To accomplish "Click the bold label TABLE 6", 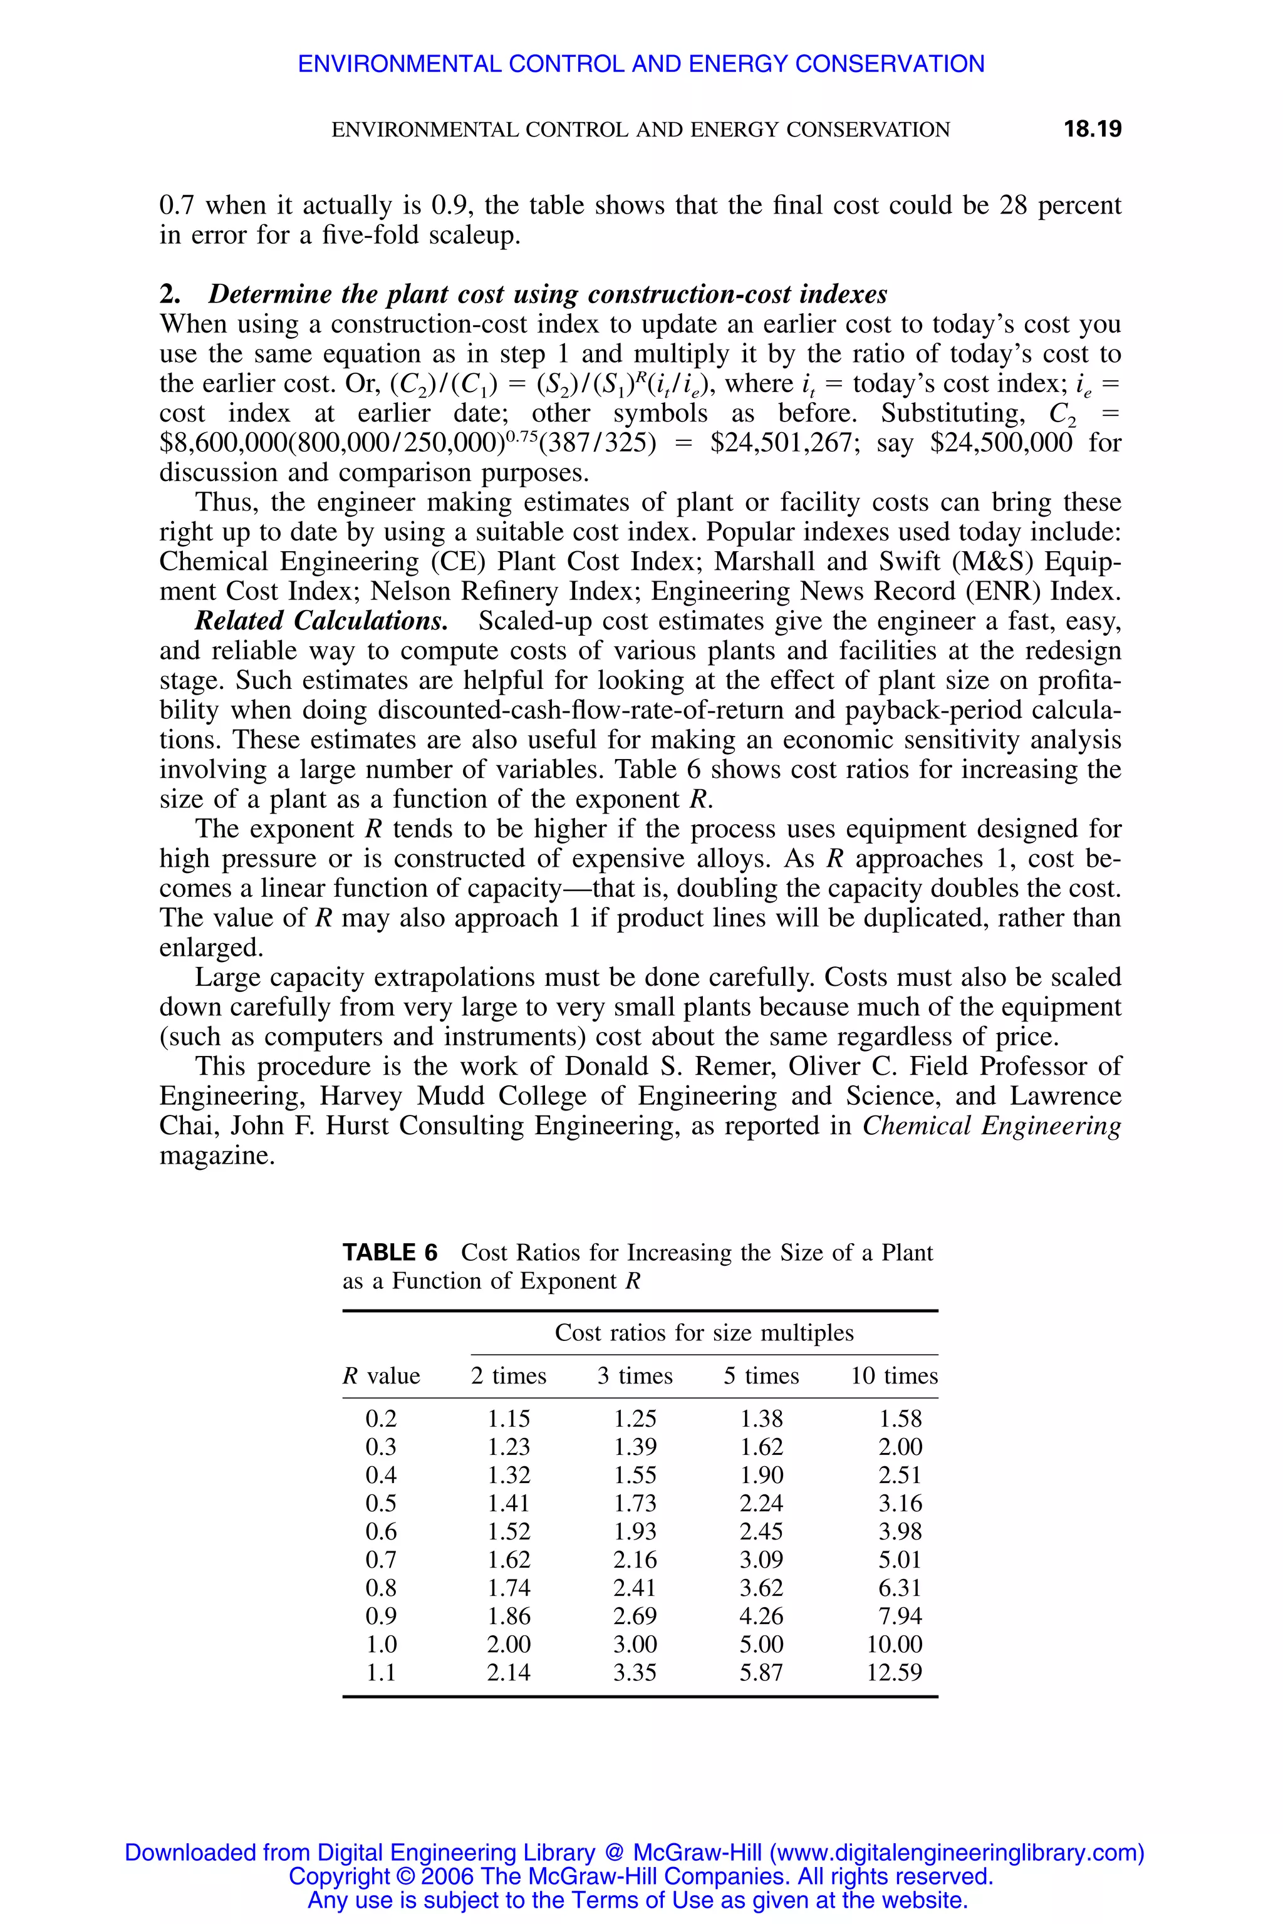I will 390,1253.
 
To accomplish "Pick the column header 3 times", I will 635,1376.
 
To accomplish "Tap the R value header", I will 382,1376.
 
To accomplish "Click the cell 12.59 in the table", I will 895,1672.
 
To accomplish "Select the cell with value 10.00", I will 895,1643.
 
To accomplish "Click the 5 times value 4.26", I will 761,1616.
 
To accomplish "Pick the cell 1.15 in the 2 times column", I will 509,1419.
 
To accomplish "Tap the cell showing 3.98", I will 900,1531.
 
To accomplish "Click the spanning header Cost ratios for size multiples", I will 704,1333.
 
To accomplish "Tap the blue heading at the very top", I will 641,64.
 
